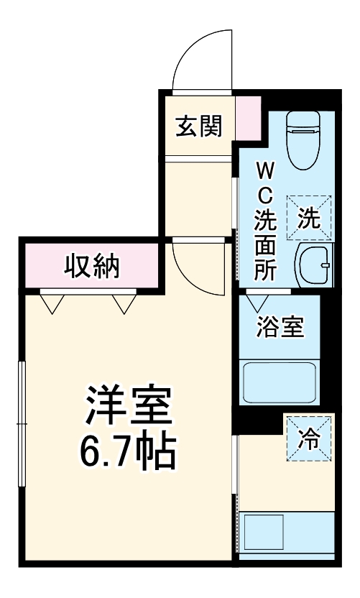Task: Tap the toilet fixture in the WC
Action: [x=303, y=137]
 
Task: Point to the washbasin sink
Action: [x=314, y=265]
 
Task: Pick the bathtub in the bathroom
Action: [x=280, y=382]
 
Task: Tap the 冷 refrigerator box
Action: [x=309, y=438]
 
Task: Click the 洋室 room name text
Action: [x=129, y=408]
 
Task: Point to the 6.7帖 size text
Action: [x=129, y=451]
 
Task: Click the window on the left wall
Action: [x=22, y=424]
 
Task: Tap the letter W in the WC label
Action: [x=264, y=170]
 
